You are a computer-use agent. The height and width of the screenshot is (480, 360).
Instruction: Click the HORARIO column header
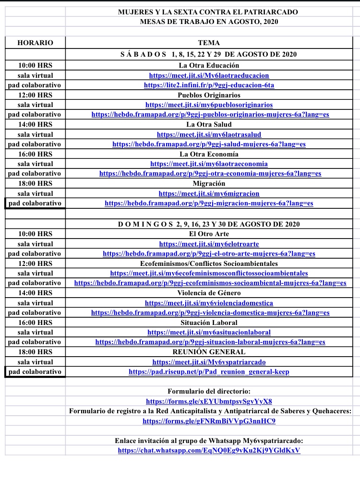tap(35, 43)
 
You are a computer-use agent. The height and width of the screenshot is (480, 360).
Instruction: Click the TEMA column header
tap(209, 43)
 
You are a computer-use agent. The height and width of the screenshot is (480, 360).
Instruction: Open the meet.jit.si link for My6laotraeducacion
tap(209, 75)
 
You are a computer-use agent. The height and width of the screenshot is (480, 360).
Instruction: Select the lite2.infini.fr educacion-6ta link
tap(209, 85)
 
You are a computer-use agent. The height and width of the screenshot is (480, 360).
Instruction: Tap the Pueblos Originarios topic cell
tap(209, 95)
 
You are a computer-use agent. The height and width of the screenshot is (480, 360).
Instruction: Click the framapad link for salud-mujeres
tap(209, 144)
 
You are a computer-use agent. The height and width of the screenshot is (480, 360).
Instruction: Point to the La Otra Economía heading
tap(209, 154)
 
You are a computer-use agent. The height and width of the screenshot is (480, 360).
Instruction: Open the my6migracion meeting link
tap(209, 193)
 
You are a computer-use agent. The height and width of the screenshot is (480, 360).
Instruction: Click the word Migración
tap(209, 183)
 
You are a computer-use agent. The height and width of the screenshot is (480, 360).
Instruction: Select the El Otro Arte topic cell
tap(209, 234)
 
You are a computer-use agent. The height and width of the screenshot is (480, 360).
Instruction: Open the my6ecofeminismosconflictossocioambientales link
tap(209, 273)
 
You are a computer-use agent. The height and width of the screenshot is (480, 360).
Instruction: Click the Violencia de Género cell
tap(209, 293)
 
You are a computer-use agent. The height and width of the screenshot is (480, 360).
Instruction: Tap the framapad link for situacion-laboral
tap(210, 342)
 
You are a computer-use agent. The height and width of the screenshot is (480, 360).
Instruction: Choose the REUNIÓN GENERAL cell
tap(209, 352)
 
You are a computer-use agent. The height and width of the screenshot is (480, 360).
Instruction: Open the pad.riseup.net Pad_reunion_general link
tap(209, 372)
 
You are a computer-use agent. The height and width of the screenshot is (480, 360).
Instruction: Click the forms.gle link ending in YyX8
tap(209, 401)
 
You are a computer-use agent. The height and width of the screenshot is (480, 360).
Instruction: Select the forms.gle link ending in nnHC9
tap(209, 421)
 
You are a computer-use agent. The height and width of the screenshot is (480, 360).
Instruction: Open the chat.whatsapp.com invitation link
tap(209, 451)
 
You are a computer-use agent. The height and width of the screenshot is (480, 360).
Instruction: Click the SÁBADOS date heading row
tap(209, 54)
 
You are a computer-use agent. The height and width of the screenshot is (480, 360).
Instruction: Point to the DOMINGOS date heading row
tap(209, 224)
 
